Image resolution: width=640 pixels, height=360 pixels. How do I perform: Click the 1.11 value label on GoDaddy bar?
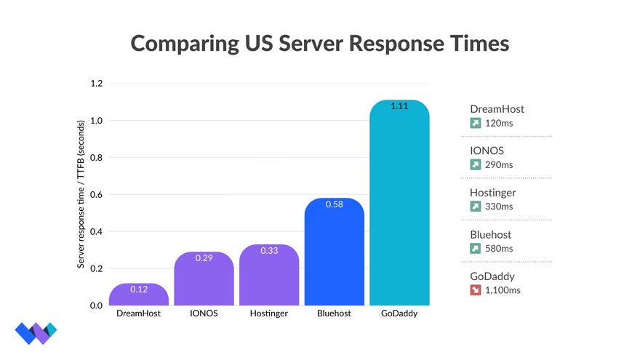(x=399, y=106)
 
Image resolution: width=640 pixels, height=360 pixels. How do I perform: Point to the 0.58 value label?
(x=334, y=204)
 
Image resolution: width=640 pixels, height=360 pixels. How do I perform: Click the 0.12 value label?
(x=138, y=289)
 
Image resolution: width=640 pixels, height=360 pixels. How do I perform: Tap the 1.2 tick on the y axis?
(x=96, y=84)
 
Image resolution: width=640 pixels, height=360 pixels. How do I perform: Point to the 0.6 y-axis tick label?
(x=96, y=195)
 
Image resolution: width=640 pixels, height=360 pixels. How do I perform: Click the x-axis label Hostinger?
(x=269, y=314)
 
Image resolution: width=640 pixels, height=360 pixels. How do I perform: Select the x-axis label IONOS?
(x=204, y=314)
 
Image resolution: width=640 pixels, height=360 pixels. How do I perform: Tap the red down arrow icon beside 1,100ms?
(x=476, y=290)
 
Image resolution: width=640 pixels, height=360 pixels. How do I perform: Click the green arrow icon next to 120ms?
(x=476, y=123)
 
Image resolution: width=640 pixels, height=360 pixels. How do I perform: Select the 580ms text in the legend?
(x=499, y=249)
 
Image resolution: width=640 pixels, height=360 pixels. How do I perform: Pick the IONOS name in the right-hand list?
(x=487, y=151)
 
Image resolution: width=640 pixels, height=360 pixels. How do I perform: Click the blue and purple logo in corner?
(x=35, y=332)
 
